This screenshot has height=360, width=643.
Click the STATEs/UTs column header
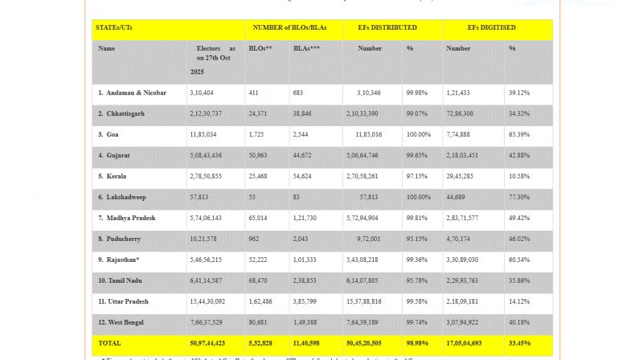tap(115, 28)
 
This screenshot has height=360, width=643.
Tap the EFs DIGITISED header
tap(491, 28)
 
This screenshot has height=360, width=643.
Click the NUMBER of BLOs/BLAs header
tap(289, 28)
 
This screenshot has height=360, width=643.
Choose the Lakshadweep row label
tap(122, 197)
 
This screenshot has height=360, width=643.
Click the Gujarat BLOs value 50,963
tap(259, 155)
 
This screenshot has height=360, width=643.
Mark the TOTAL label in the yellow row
tap(109, 343)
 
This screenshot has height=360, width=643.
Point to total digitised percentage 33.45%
tap(519, 343)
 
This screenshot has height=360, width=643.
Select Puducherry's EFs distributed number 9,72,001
tap(363, 239)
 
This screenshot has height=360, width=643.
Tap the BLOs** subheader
tap(260, 49)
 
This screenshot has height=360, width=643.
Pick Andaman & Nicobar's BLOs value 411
tap(255, 92)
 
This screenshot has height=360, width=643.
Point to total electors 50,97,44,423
tap(207, 343)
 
